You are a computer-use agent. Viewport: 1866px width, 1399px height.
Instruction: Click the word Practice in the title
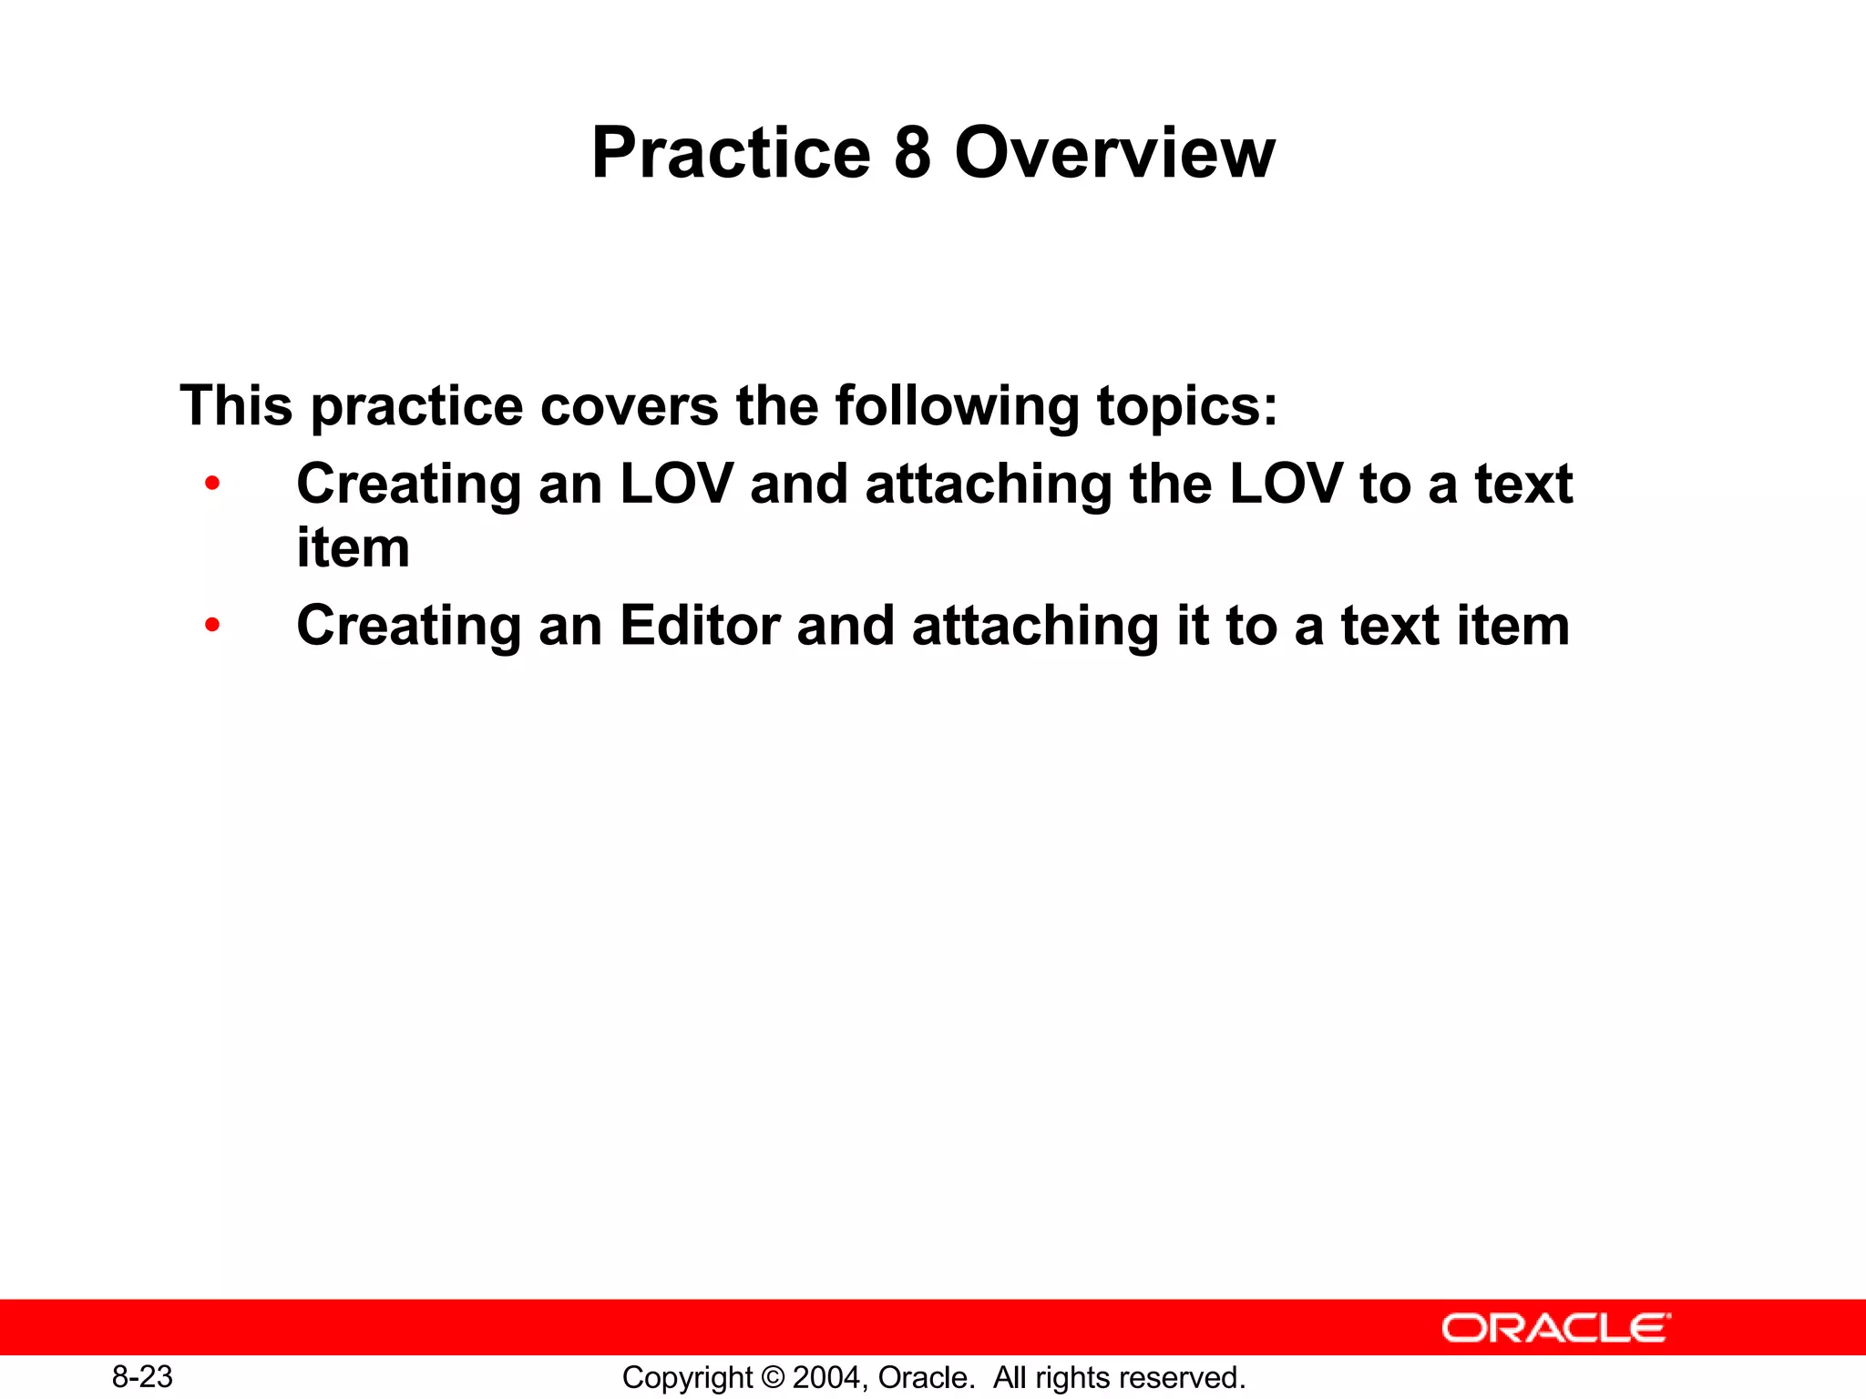(x=731, y=153)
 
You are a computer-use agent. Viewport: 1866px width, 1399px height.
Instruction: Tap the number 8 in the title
(x=912, y=153)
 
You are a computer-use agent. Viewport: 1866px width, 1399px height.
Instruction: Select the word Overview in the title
(x=1114, y=153)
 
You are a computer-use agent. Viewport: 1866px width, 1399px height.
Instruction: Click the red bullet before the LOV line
(x=212, y=483)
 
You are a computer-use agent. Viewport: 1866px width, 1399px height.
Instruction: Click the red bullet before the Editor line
(x=212, y=625)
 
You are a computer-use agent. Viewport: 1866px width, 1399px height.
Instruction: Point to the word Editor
(x=700, y=626)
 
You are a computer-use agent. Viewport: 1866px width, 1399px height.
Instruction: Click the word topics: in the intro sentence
(x=1187, y=405)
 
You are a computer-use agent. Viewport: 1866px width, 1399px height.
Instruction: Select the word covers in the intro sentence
(x=629, y=405)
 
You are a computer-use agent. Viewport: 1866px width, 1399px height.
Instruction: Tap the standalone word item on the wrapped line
(x=353, y=548)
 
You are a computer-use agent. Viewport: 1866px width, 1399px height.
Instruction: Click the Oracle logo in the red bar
(x=1555, y=1328)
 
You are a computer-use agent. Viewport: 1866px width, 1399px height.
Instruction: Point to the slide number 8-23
(x=142, y=1376)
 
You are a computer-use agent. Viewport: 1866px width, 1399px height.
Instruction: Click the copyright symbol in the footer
(x=773, y=1378)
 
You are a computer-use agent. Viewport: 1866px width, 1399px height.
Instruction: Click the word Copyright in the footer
(x=687, y=1378)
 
